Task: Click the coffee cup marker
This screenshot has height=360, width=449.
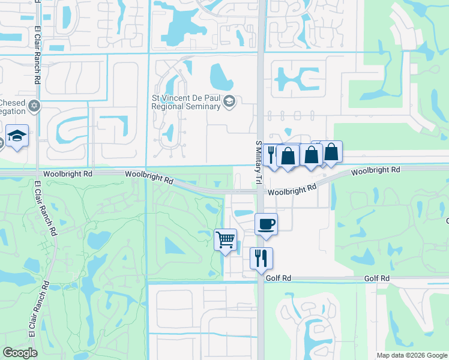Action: [x=267, y=225]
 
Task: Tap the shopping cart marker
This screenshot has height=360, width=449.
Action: [x=225, y=241]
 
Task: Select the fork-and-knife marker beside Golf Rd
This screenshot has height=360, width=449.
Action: [x=261, y=259]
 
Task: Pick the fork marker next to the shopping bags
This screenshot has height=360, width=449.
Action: [x=271, y=155]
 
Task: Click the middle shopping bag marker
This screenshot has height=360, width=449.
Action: [x=311, y=155]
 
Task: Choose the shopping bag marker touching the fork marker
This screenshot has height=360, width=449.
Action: [x=288, y=156]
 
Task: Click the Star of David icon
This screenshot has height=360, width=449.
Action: [x=34, y=106]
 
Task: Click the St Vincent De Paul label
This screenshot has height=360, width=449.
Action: [x=184, y=103]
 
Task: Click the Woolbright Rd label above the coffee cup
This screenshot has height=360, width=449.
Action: [x=292, y=190]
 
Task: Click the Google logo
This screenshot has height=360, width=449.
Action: [x=20, y=353]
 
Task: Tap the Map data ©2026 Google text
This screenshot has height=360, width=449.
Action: [x=412, y=355]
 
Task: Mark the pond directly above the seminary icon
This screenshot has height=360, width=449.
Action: [x=221, y=76]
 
